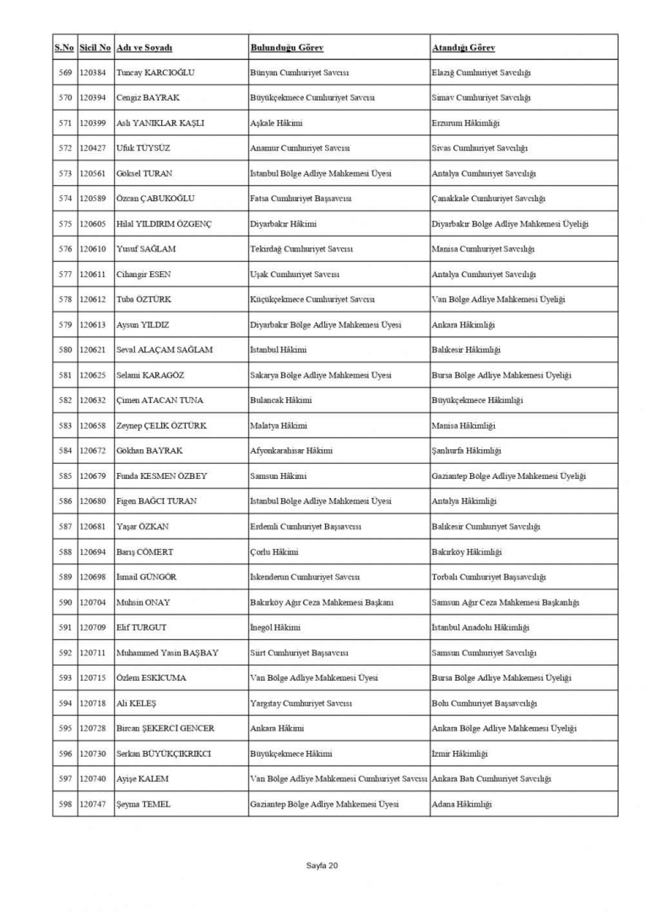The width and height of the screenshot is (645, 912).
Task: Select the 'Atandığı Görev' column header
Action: pyautogui.click(x=463, y=47)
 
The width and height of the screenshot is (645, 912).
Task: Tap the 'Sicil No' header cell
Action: pyautogui.click(x=95, y=47)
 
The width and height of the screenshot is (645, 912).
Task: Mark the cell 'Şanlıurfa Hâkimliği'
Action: pyautogui.click(x=466, y=451)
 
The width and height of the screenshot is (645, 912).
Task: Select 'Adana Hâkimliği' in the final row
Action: pyautogui.click(x=461, y=804)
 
